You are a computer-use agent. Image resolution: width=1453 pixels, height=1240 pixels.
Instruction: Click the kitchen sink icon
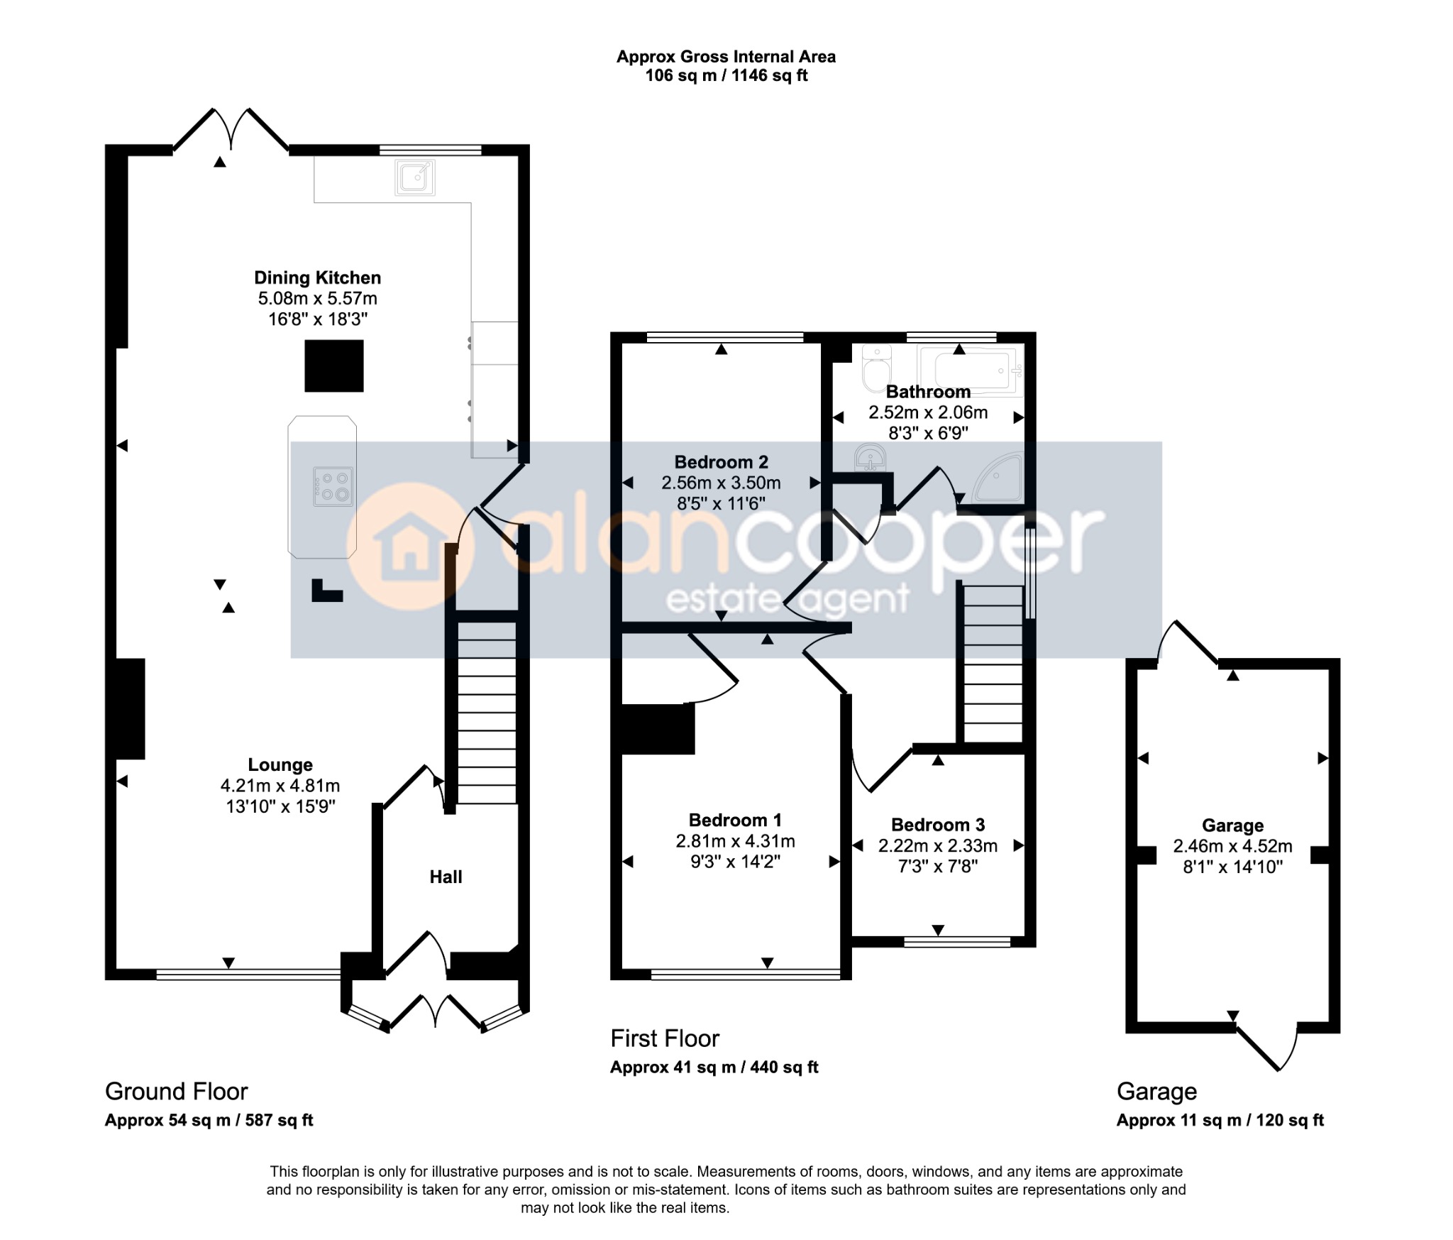click(x=416, y=177)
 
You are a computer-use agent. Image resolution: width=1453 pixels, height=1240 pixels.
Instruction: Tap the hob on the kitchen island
click(x=333, y=487)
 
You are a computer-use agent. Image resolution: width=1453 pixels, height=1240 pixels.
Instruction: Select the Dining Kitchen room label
click(x=317, y=278)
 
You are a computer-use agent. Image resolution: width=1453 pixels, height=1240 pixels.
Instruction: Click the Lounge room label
click(x=280, y=764)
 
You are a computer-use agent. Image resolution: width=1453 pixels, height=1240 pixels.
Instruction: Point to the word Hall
click(x=446, y=877)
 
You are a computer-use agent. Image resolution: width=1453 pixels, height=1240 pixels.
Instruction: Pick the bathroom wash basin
click(x=869, y=457)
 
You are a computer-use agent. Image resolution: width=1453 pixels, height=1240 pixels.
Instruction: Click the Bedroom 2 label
click(x=721, y=462)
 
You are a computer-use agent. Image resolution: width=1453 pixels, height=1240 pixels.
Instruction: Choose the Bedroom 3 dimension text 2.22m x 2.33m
click(x=938, y=845)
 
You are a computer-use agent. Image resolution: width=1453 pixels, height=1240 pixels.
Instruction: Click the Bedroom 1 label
click(x=735, y=821)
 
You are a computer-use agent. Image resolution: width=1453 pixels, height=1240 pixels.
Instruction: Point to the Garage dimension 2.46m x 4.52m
click(x=1232, y=846)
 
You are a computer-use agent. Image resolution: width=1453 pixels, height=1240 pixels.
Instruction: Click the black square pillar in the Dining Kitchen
click(x=334, y=366)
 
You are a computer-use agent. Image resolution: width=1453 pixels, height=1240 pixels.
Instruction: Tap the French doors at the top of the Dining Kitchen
click(x=231, y=129)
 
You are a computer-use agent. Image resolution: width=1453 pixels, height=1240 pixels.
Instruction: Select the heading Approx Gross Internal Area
click(x=726, y=57)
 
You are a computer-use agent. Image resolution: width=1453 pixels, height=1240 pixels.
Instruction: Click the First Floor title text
click(x=665, y=1038)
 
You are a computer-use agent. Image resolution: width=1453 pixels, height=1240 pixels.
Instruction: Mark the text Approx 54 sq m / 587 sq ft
click(x=209, y=1120)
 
